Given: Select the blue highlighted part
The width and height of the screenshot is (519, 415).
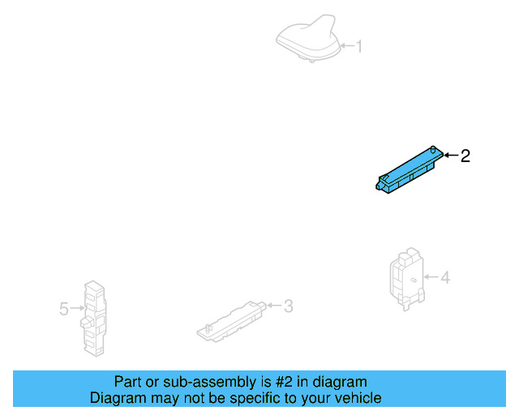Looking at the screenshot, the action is coord(409,171).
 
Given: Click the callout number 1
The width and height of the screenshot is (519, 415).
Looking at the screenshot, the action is coord(359,47).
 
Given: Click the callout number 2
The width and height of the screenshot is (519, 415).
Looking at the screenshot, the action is coord(465,156).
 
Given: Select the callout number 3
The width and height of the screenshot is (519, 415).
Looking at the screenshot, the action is coord(288,306).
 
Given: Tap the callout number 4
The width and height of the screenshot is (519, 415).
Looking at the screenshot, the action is coord(445,278).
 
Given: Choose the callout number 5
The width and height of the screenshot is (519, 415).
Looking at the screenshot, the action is coord(63,309).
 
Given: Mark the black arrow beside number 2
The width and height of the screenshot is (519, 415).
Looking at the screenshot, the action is coord(451,155).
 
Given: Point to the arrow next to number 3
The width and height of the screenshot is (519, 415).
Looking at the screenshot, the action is coord(274,306).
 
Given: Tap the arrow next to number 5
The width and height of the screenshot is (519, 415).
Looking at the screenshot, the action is coord(77,308).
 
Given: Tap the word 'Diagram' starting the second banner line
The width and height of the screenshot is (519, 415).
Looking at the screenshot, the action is coord(117,398).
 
